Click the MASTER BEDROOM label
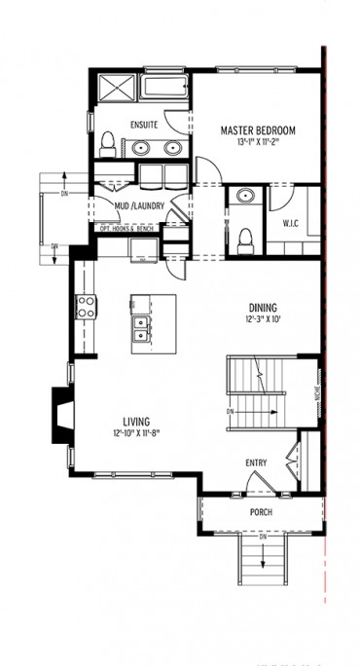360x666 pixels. (258, 130)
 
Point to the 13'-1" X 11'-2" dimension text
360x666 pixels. (258, 142)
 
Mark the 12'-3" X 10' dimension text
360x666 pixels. (262, 318)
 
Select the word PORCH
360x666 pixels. (260, 512)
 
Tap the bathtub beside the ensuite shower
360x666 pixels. (165, 87)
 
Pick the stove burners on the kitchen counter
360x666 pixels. (86, 307)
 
